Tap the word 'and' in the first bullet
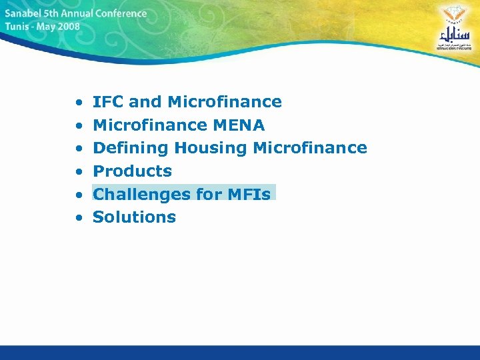pos(145,102)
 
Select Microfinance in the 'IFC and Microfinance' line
pos(225,102)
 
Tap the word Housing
pos(211,148)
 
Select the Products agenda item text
pos(132,171)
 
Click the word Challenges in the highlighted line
pos(133,194)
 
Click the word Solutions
pos(134,217)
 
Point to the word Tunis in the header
pos(16,27)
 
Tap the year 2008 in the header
pos(68,27)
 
